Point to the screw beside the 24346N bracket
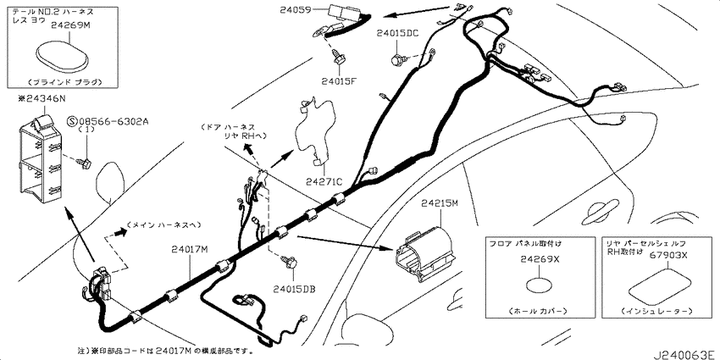(x=85, y=162)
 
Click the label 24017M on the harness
(x=190, y=250)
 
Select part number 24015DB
(x=294, y=289)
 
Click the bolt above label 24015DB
(x=290, y=263)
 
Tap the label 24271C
(x=324, y=182)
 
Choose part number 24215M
(x=440, y=202)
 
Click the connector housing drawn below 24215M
(x=424, y=255)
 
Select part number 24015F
(x=339, y=81)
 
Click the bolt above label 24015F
(x=338, y=58)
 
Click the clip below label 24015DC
(x=397, y=59)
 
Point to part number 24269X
(x=540, y=259)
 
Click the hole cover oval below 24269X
(x=540, y=285)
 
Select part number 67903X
(x=668, y=256)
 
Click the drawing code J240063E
(x=684, y=355)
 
